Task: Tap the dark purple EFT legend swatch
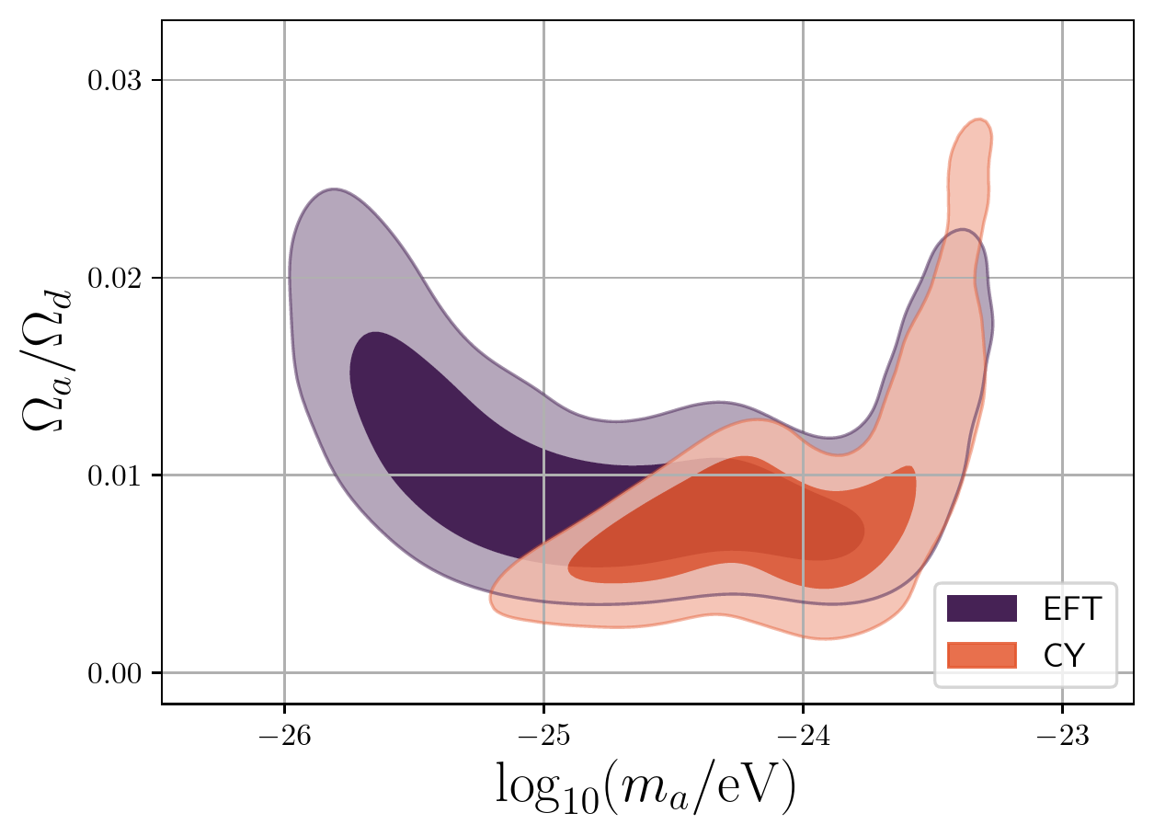[x=981, y=608]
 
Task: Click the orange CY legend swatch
[x=981, y=654]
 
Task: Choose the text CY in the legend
[x=1063, y=654]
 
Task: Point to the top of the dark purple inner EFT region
[x=372, y=332]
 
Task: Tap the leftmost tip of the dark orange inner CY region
[x=568, y=570]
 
